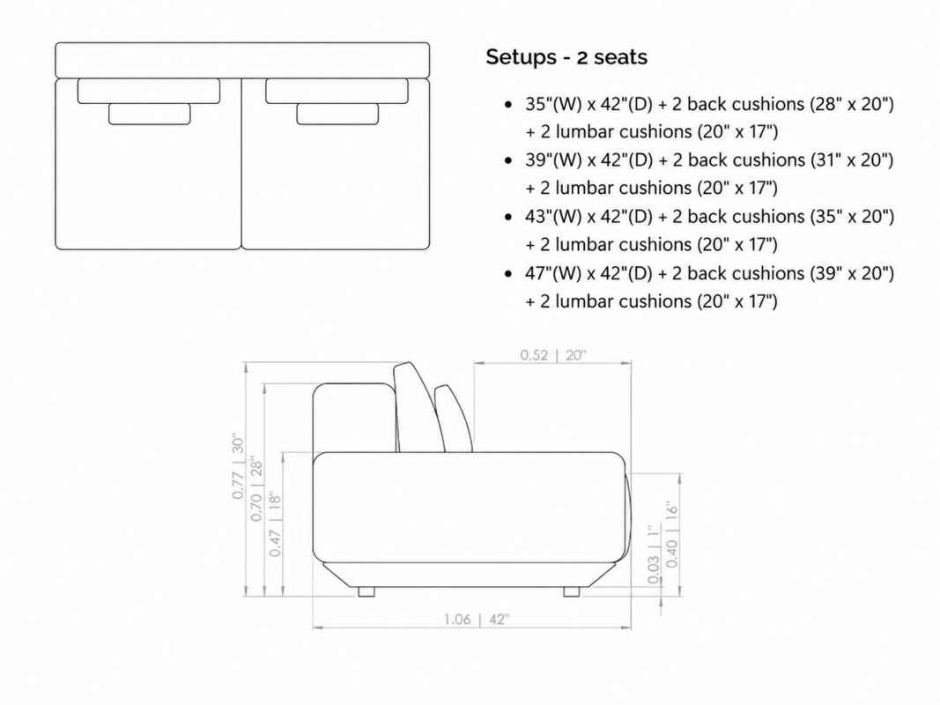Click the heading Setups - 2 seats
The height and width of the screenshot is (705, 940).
[x=566, y=57]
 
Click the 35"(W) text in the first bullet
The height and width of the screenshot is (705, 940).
[x=553, y=104]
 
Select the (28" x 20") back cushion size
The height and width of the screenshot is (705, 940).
[x=852, y=104]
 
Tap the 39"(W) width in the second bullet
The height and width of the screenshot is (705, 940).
[x=553, y=160]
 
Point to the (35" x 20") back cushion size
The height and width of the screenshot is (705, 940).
[x=852, y=217]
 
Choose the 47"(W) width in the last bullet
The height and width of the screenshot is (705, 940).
[x=553, y=273]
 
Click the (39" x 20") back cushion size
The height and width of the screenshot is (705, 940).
[x=852, y=273]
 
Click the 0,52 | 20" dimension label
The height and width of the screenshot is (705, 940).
[x=552, y=355]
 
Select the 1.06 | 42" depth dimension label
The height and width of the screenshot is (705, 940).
[x=477, y=619]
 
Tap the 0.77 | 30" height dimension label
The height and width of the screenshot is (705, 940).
[x=238, y=467]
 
